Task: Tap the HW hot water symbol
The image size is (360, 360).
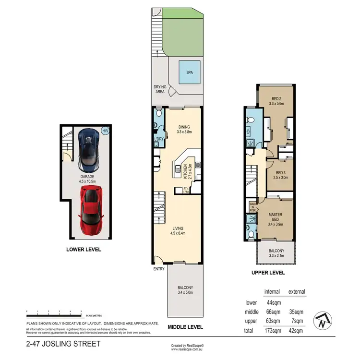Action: point(106,130)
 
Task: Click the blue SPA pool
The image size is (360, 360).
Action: point(186,74)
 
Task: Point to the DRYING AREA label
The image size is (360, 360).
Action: point(160,89)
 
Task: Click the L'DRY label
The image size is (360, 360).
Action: point(159,139)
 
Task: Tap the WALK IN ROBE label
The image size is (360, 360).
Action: point(252,206)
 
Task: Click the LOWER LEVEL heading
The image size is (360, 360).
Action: point(84,250)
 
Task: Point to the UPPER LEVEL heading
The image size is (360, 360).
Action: point(268,273)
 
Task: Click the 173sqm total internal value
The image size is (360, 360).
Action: point(272,331)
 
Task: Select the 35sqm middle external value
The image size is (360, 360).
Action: point(296,312)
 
